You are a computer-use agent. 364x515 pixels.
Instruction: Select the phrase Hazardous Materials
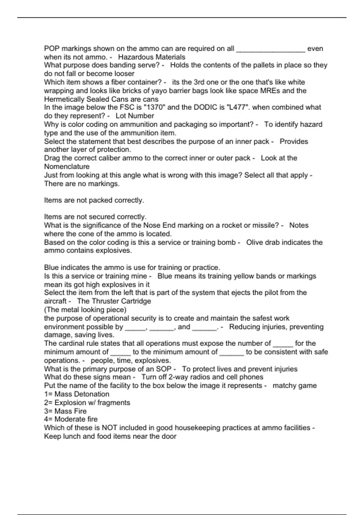pyautogui.click(x=152, y=57)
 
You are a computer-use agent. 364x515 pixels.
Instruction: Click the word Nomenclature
pyautogui.click(x=67, y=166)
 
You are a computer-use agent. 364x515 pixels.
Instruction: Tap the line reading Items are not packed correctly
pyautogui.click(x=94, y=200)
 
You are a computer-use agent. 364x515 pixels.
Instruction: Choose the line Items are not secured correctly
pyautogui.click(x=95, y=217)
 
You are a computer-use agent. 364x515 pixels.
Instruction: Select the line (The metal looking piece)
pyautogui.click(x=85, y=310)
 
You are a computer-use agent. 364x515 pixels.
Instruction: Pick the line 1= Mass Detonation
pyautogui.click(x=77, y=394)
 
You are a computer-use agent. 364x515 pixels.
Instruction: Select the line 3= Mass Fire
pyautogui.click(x=65, y=411)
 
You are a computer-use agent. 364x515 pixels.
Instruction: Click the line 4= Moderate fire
pyautogui.click(x=71, y=419)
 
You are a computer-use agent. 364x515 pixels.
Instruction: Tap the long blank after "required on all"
pyautogui.click(x=271, y=49)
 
